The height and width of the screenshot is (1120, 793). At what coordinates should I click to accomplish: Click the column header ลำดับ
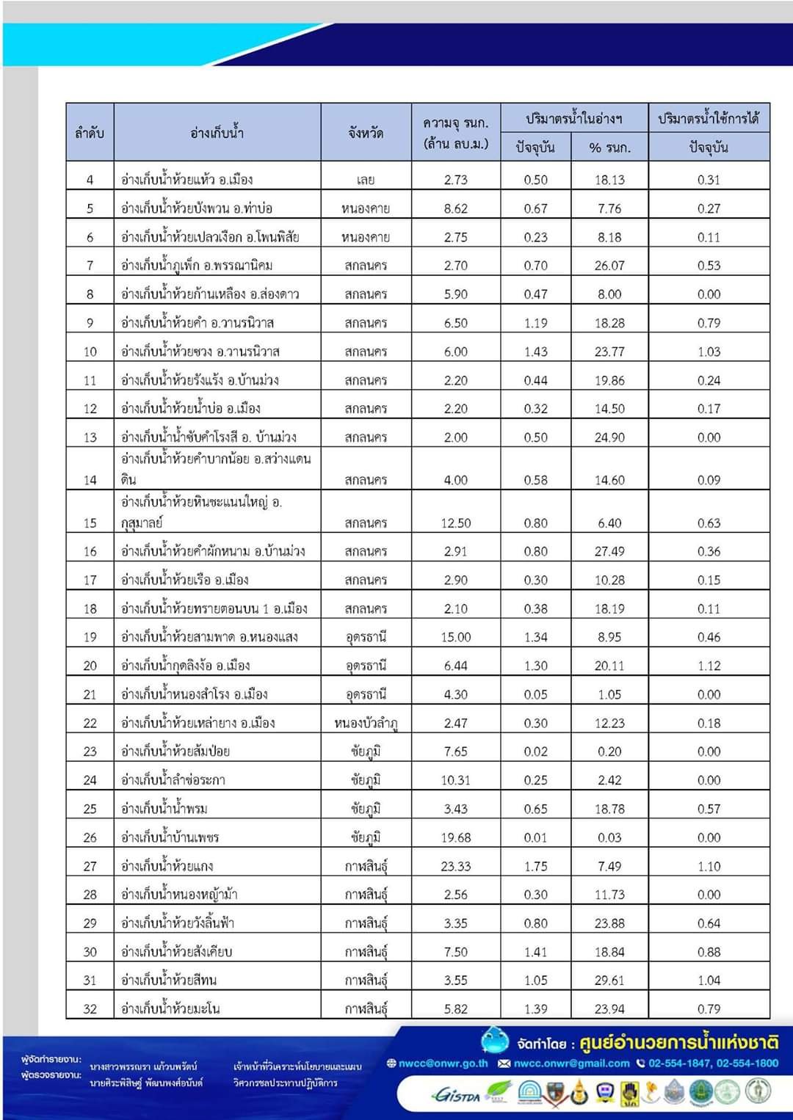[x=90, y=133]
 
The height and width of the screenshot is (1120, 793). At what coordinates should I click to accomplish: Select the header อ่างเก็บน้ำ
[x=217, y=133]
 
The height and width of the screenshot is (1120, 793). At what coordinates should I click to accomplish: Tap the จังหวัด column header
[x=366, y=133]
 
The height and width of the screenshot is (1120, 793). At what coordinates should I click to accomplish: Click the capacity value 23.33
[x=455, y=866]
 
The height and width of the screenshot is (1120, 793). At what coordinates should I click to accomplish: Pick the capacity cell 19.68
[x=455, y=837]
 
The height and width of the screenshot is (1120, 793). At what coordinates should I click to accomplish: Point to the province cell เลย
[x=366, y=180]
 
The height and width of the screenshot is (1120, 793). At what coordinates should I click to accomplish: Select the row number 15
[x=90, y=523]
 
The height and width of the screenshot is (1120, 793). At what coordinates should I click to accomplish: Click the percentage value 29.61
[x=609, y=981]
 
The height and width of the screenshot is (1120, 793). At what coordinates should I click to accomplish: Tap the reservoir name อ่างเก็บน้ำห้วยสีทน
[x=169, y=981]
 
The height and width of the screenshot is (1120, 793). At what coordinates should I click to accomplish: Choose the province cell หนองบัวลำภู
[x=366, y=724]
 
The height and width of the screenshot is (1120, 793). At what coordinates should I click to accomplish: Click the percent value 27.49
[x=609, y=551]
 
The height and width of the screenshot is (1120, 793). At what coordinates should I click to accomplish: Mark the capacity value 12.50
[x=455, y=523]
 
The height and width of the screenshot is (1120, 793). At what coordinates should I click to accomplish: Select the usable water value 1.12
[x=709, y=666]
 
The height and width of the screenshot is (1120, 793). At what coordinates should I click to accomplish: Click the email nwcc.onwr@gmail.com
[x=571, y=1063]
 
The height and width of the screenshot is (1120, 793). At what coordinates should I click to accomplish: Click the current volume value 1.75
[x=535, y=866]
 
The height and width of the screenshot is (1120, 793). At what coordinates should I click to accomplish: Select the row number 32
[x=90, y=1009]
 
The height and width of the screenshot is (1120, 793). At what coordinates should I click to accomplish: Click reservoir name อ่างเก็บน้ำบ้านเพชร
[x=170, y=837]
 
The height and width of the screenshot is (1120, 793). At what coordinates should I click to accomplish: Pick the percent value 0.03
[x=609, y=837]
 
